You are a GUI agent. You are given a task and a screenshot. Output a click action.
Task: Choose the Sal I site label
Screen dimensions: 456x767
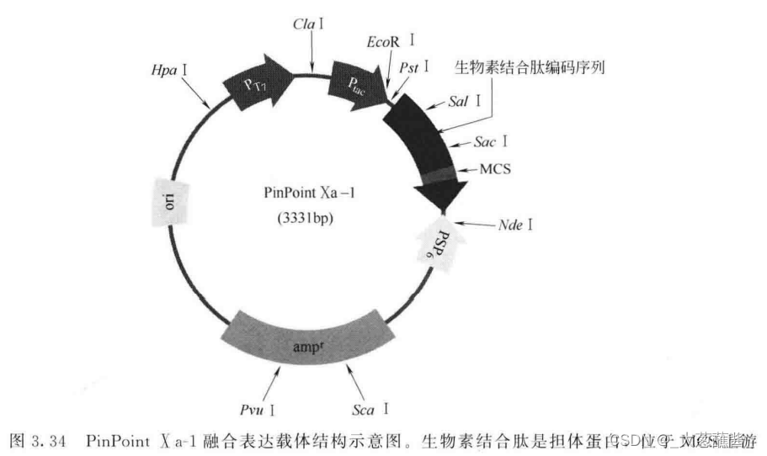coord(465,102)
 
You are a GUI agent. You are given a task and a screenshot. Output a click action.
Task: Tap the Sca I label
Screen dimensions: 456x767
coord(371,409)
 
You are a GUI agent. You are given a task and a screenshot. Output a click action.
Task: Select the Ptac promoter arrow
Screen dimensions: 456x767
coord(356,81)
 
